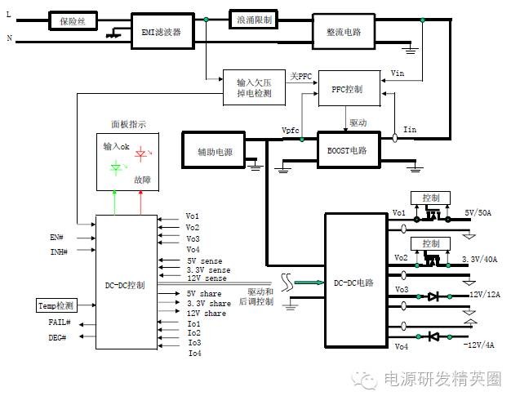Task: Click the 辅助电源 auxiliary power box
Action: click(215, 151)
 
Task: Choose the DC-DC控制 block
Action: click(126, 285)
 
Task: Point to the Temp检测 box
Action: click(56, 305)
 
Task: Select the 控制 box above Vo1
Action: click(430, 198)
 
